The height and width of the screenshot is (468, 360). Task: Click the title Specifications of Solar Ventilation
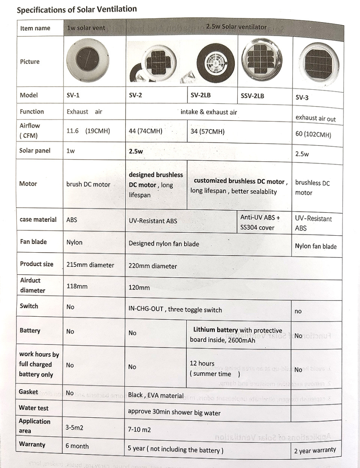77,9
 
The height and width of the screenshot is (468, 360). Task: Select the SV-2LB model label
201,94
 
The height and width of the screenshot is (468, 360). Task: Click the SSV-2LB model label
252,96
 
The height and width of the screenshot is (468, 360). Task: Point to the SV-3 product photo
318,62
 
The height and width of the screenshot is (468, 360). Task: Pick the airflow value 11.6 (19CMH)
88,130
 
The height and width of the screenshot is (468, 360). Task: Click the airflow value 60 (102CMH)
313,134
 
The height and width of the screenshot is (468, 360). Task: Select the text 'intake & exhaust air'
209,112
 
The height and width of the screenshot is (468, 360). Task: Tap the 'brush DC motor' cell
88,184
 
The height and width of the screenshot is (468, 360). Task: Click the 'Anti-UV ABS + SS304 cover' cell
260,222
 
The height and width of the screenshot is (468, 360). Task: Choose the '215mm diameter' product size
90,265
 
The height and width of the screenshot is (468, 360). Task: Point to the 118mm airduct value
77,286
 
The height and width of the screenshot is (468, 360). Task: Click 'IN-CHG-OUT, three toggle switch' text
175,309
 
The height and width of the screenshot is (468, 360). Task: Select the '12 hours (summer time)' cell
215,368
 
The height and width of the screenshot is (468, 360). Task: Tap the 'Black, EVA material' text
156,395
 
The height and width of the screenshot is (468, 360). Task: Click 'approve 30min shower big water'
174,413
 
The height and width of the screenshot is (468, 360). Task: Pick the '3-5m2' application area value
74,427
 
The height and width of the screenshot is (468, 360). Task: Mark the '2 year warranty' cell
315,451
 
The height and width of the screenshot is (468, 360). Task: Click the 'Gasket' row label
29,392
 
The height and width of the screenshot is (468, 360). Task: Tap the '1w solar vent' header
86,29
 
